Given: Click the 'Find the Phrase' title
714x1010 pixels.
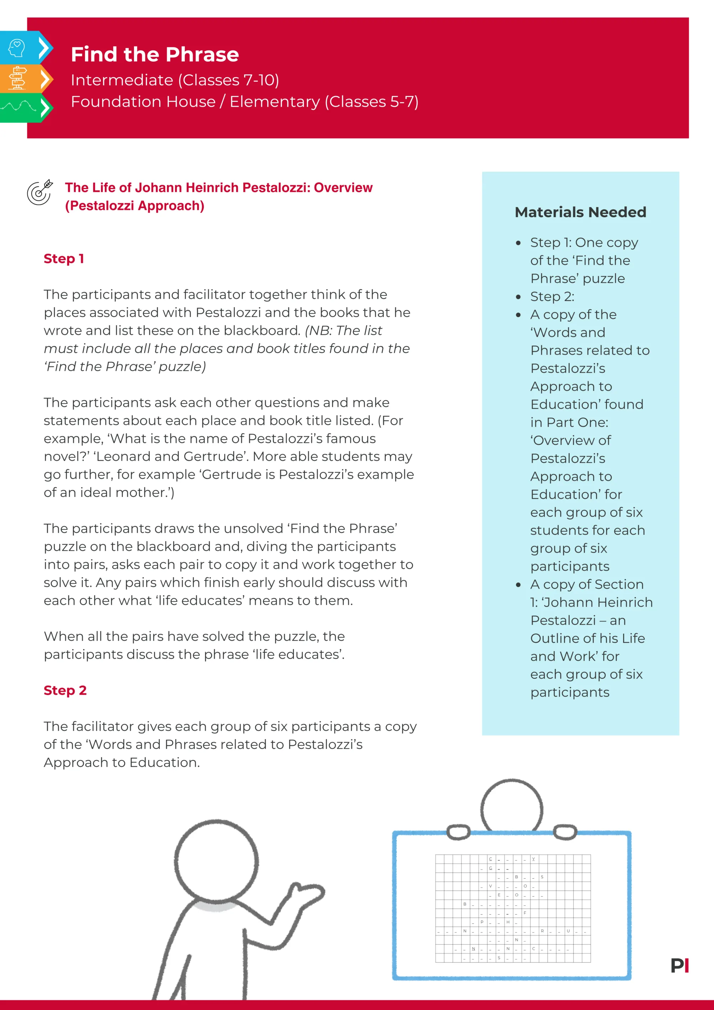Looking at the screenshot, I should click(155, 55).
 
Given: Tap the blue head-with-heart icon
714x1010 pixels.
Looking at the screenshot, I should click(17, 48).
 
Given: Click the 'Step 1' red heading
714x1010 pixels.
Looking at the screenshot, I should click(63, 258).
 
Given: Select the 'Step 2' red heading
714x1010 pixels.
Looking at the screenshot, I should click(65, 690).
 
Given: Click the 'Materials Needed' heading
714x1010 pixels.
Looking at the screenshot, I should click(580, 212).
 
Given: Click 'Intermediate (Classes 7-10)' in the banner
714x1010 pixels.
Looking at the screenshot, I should click(175, 80).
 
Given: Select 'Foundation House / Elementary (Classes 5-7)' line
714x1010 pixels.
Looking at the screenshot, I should click(244, 102).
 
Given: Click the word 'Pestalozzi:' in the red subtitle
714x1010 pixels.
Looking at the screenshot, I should click(276, 188).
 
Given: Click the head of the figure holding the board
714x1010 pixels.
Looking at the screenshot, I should click(511, 807).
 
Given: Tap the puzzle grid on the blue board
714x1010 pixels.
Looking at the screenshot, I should click(513, 908).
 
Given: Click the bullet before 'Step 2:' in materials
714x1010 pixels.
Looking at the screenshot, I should click(518, 297).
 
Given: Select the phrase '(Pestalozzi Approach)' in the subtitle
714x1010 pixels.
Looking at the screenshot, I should click(135, 206).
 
